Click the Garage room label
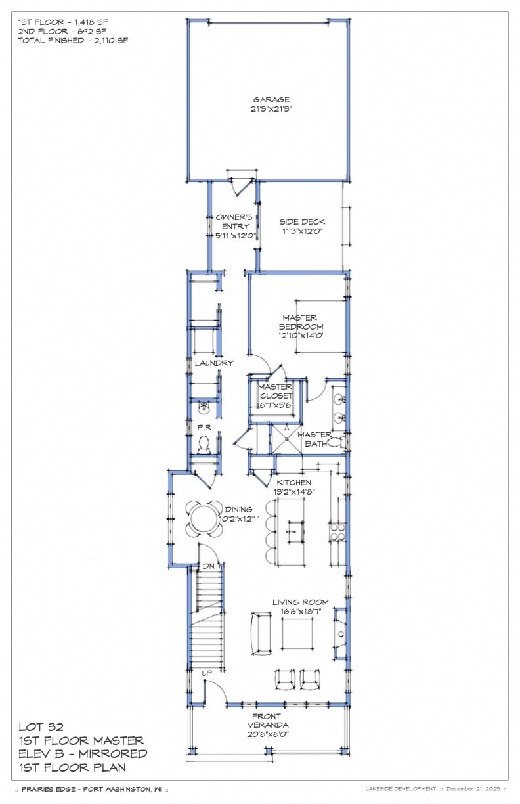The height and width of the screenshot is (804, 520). (272, 100)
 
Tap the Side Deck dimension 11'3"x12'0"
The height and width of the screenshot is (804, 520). (302, 232)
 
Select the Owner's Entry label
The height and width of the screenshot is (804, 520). (234, 222)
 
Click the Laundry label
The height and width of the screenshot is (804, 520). (214, 363)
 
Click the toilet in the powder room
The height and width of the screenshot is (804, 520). (204, 446)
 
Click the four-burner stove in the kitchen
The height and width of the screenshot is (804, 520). (337, 531)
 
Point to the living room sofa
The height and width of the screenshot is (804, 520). (261, 633)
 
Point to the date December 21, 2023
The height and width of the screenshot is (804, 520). (476, 788)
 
